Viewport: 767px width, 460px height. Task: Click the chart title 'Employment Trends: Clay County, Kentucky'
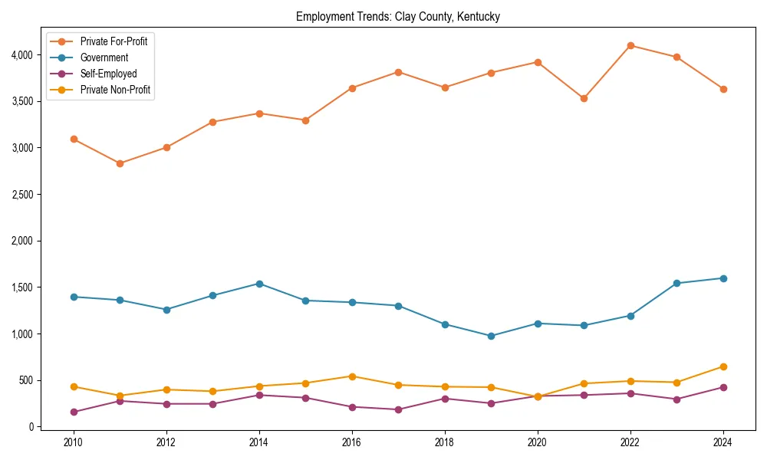(x=397, y=17)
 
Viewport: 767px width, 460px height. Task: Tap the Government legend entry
(x=104, y=58)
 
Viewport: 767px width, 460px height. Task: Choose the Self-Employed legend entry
(x=108, y=74)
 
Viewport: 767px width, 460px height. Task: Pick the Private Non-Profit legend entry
(x=115, y=90)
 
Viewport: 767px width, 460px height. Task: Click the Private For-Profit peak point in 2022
(x=630, y=45)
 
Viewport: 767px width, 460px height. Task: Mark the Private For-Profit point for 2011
(x=120, y=163)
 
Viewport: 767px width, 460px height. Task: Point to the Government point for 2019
(x=491, y=336)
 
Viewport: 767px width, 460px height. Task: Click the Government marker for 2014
(x=259, y=284)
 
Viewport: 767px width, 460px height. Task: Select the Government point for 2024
(x=723, y=278)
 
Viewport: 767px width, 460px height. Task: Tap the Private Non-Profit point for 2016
(x=352, y=376)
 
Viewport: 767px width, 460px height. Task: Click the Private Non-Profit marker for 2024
(x=723, y=366)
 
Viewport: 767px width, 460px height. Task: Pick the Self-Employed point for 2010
(x=74, y=412)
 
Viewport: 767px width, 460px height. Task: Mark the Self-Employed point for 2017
(x=398, y=409)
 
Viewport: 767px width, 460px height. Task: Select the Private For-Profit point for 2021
(x=584, y=98)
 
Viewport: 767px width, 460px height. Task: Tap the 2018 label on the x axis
(x=445, y=442)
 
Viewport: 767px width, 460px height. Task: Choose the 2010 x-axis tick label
(x=74, y=442)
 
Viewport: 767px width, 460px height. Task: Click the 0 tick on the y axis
(x=30, y=427)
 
